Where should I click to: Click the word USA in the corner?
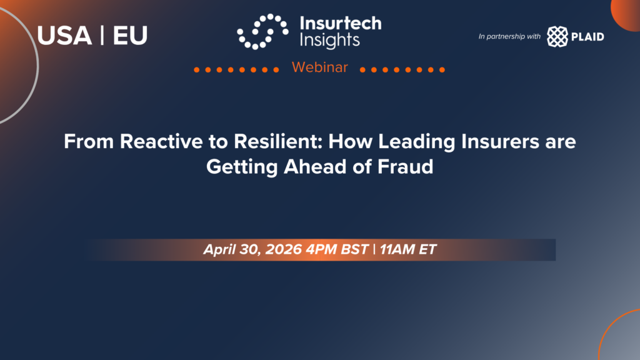coord(64,36)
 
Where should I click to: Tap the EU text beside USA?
coord(130,36)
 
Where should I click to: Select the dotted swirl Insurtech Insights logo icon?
coord(263,31)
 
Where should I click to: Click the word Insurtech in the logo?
coord(341,23)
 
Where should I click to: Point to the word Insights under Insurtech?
coord(330,41)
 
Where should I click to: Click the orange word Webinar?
coord(319,67)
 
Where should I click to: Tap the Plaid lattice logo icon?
coord(557,36)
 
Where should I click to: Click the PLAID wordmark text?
coord(587,37)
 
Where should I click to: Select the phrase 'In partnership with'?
coord(509,36)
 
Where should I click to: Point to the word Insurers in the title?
coord(500,142)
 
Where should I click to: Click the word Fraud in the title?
coord(405,166)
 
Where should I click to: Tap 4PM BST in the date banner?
coord(337,249)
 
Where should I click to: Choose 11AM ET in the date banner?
coord(408,249)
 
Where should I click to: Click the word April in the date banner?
coord(219,250)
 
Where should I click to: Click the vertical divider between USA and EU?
coord(102,36)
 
